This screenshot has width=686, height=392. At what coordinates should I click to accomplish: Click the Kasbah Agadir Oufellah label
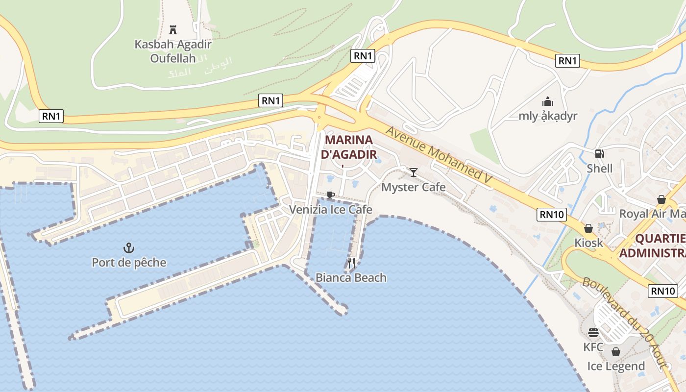pyautogui.click(x=173, y=51)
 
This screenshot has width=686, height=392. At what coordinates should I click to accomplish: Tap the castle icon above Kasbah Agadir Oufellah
pyautogui.click(x=172, y=29)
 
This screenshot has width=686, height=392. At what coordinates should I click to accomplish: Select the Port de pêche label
pyautogui.click(x=129, y=263)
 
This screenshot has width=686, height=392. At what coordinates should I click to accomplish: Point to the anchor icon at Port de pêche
pyautogui.click(x=129, y=247)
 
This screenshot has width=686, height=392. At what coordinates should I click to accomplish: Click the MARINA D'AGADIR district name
pyautogui.click(x=349, y=147)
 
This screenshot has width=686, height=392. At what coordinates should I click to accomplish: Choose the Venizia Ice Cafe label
pyautogui.click(x=331, y=210)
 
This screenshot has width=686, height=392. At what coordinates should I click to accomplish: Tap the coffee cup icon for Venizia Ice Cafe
pyautogui.click(x=331, y=195)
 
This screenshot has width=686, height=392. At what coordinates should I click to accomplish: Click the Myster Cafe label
pyautogui.click(x=414, y=187)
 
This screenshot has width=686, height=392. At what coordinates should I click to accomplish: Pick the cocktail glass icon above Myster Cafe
pyautogui.click(x=414, y=172)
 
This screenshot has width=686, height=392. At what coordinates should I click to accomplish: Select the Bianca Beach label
pyautogui.click(x=351, y=278)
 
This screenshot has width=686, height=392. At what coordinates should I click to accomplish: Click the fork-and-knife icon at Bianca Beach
pyautogui.click(x=351, y=263)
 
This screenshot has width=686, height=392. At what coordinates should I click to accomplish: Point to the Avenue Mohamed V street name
pyautogui.click(x=439, y=156)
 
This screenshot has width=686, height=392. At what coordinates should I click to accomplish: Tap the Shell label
pyautogui.click(x=600, y=169)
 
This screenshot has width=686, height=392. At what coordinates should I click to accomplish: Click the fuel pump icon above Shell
pyautogui.click(x=599, y=154)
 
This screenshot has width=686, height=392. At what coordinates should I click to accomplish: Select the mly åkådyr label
pyautogui.click(x=548, y=116)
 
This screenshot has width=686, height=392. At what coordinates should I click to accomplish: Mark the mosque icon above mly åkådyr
pyautogui.click(x=547, y=101)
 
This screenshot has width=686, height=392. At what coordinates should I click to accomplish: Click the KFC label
pyautogui.click(x=593, y=347)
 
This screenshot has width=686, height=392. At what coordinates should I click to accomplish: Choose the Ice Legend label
pyautogui.click(x=616, y=367)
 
